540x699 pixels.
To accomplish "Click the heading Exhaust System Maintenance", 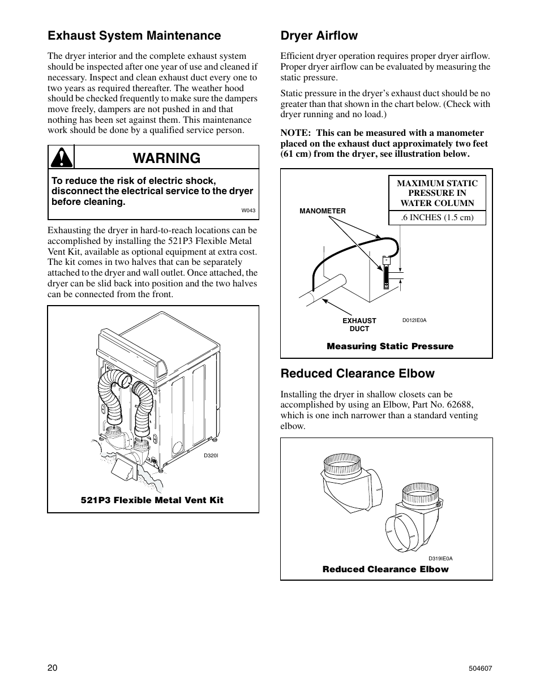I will [x=134, y=36].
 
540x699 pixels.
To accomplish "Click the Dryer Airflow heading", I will [x=319, y=36].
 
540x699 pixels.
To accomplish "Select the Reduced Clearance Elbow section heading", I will [x=357, y=374].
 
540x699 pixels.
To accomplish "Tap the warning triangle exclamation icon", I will [x=61, y=157].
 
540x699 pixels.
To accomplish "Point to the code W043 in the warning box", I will [x=248, y=211].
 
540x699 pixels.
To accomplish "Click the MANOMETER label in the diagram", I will [x=322, y=211].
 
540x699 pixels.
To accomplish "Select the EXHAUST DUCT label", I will [x=359, y=324].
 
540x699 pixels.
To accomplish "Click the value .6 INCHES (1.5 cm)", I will [x=437, y=217].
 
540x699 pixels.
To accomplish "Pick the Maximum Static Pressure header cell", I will [x=437, y=193].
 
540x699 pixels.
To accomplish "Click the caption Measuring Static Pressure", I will [x=390, y=346].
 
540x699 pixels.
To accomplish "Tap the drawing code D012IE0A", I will [x=414, y=320].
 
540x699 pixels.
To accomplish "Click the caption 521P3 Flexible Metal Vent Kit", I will [x=152, y=500].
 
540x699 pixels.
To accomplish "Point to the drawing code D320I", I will [x=211, y=455].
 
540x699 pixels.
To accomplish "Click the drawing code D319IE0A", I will [x=440, y=559].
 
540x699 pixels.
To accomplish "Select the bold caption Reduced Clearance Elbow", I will [x=385, y=569].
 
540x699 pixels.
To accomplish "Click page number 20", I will [x=53, y=668].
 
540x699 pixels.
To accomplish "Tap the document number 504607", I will [x=481, y=668].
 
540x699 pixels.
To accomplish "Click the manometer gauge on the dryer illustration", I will [x=387, y=272].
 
